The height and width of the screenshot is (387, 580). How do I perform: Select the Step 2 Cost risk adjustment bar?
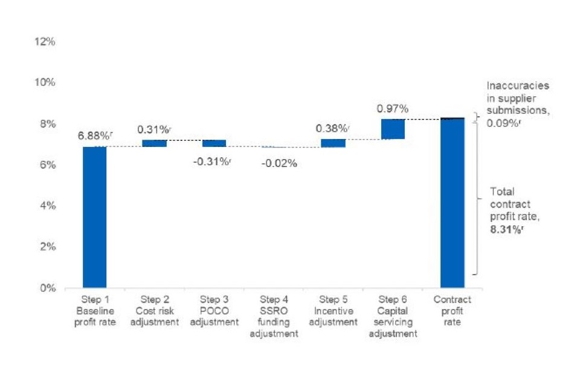(x=154, y=143)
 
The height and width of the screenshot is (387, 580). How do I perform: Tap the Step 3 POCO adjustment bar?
(x=214, y=143)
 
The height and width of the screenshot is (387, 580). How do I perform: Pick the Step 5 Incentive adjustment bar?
(x=333, y=143)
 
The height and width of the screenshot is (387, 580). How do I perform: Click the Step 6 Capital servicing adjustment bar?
(x=393, y=129)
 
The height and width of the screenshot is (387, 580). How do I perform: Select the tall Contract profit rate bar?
(x=452, y=203)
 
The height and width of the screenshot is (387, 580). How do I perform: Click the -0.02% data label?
(x=279, y=163)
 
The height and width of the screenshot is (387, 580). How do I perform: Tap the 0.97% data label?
(x=393, y=109)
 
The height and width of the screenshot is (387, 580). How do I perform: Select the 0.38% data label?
(x=332, y=128)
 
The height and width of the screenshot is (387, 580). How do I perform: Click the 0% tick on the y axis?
(x=48, y=288)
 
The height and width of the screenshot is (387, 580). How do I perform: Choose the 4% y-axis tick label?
(x=48, y=206)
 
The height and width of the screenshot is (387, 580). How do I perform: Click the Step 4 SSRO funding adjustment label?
(x=274, y=316)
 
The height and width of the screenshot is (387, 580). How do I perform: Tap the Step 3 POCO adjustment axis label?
(x=214, y=311)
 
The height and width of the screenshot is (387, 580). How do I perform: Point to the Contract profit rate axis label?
(x=452, y=311)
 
